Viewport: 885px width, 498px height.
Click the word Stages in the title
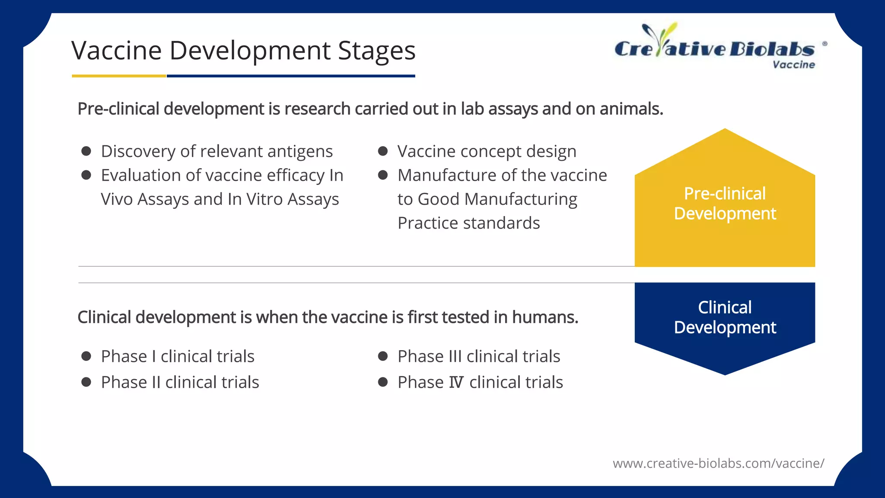(376, 51)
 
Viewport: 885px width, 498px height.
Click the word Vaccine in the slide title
(116, 51)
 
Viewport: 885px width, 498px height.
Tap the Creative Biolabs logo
(714, 45)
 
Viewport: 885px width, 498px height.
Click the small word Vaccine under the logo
(793, 65)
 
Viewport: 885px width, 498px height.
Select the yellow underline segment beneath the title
(119, 76)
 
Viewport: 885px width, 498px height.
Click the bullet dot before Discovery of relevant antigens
(86, 151)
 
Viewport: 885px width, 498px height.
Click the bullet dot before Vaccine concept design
(383, 151)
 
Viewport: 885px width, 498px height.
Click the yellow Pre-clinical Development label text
(725, 204)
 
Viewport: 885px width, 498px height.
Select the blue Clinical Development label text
(725, 317)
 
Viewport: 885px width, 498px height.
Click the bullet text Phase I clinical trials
(178, 357)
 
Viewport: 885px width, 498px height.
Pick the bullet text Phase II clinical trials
(180, 383)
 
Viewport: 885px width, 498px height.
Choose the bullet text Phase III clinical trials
(479, 357)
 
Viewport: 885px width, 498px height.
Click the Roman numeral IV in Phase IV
(456, 383)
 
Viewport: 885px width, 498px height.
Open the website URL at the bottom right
(718, 463)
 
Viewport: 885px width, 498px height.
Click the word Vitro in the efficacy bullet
(264, 199)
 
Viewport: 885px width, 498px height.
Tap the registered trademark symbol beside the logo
(825, 44)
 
